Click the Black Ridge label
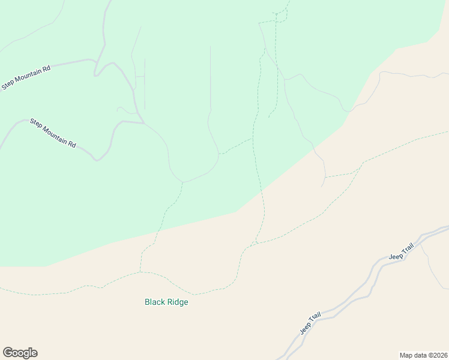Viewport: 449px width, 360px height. [x=166, y=302]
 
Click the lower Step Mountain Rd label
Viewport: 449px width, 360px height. [x=53, y=134]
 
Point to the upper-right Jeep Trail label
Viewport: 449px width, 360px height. [x=402, y=253]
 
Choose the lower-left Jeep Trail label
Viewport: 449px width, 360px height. [x=311, y=323]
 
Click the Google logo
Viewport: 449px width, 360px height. [x=20, y=353]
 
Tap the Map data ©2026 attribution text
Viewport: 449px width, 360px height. [x=423, y=355]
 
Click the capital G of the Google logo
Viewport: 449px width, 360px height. [x=8, y=353]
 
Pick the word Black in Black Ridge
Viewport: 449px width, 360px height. [x=155, y=302]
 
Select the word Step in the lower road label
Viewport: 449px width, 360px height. [x=36, y=123]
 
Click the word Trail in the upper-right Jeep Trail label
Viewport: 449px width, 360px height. [x=408, y=250]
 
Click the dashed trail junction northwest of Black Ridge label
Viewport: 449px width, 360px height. [x=140, y=272]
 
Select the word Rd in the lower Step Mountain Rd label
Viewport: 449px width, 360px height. [x=73, y=145]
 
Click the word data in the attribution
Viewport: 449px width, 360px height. [x=418, y=355]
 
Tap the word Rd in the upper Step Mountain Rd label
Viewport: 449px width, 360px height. [x=46, y=68]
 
